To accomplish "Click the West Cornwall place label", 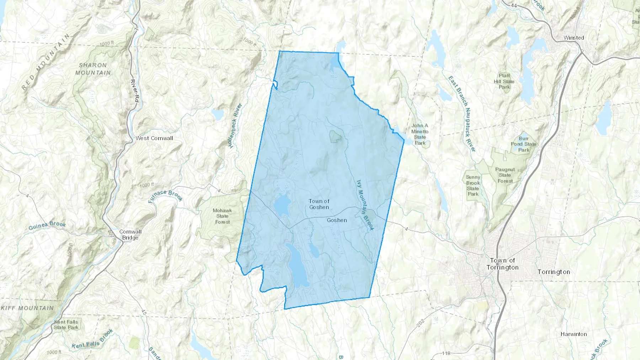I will (154, 138).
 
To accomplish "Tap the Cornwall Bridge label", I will (130, 235).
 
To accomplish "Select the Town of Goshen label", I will (319, 204).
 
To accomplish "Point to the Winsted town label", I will (574, 38).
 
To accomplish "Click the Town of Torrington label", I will (502, 264).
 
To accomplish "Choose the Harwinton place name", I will (574, 334).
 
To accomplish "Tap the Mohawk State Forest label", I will (222, 216).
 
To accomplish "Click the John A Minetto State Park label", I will (420, 134).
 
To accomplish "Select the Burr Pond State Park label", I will (523, 144).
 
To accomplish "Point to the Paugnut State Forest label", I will (505, 175).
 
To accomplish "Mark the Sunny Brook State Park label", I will (473, 186).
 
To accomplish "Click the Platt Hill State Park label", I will (504, 81).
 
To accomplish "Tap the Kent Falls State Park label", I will (66, 324).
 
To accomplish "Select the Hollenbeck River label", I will (235, 125).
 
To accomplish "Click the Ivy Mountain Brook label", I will (365, 205).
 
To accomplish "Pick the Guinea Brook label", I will (47, 226).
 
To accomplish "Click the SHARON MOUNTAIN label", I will (93, 69).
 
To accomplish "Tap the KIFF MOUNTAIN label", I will (27, 308).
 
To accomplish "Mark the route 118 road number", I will (446, 353).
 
